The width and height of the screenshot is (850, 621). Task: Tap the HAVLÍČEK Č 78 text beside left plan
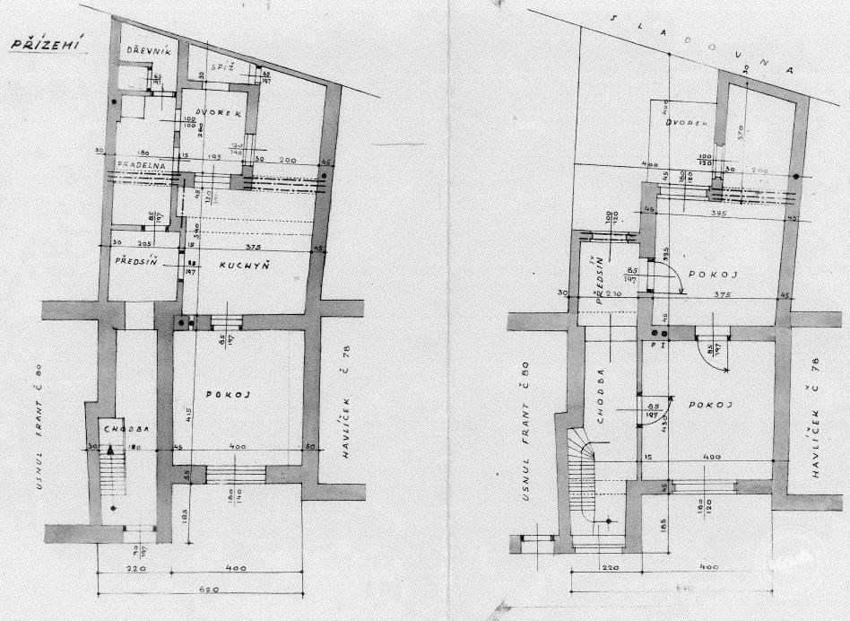coord(351,400)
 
